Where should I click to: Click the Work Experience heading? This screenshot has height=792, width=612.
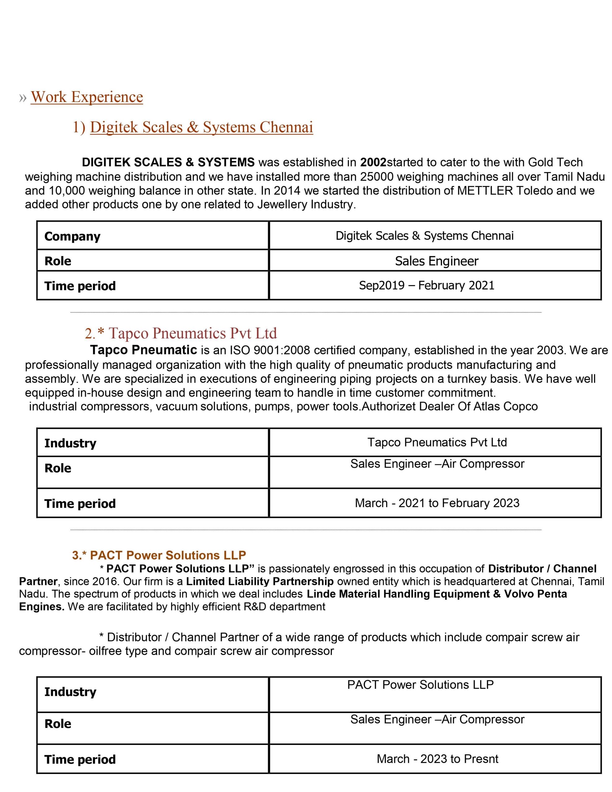[87, 97]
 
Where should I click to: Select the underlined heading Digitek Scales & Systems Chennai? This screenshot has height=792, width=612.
[201, 127]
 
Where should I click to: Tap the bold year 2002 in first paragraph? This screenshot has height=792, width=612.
[373, 162]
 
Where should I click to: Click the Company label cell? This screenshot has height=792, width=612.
[72, 236]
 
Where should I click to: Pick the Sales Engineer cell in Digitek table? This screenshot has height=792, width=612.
[437, 261]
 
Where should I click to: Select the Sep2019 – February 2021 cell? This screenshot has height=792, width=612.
[427, 285]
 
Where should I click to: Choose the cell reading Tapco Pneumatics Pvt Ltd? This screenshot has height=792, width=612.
[437, 442]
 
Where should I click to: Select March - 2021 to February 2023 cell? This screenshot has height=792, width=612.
[437, 503]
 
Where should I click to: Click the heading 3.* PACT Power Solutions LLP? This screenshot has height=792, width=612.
[159, 555]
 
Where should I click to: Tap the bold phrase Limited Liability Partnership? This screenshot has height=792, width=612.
[260, 581]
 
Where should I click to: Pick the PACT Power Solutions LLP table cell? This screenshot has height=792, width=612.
[420, 685]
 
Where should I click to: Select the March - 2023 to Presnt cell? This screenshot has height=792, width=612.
[437, 759]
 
